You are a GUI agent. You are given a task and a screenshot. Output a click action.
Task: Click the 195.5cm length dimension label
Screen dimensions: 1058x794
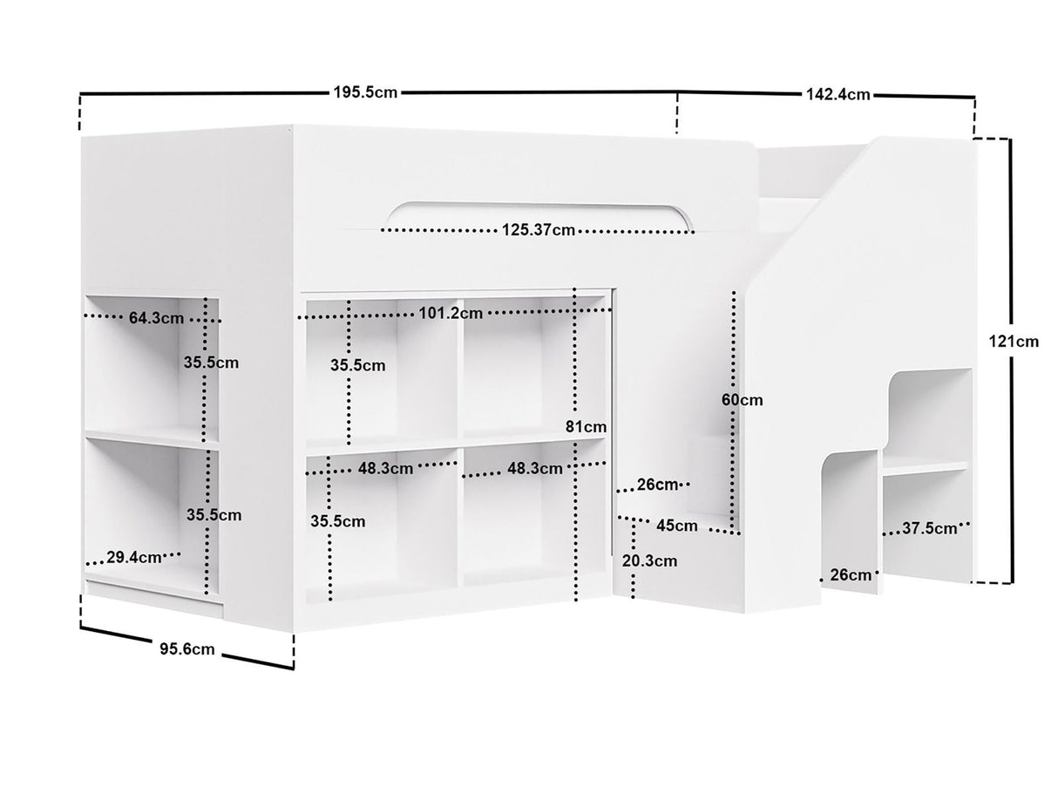pos(365,92)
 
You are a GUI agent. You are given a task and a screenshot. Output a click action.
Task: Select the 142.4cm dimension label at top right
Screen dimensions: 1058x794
pos(838,94)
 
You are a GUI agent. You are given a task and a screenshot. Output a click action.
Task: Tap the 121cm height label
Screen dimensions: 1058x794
pos(1014,342)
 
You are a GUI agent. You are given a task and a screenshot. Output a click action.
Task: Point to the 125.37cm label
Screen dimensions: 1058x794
pos(539,230)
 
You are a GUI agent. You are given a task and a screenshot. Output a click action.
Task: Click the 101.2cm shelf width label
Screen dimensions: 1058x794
pos(451,314)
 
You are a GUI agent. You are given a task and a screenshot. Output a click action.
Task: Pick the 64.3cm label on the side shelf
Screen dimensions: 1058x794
pos(156,318)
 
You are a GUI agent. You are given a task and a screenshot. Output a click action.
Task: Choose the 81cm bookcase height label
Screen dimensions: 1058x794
pos(587,427)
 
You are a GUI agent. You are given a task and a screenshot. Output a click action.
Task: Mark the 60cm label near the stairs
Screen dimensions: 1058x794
pos(743,400)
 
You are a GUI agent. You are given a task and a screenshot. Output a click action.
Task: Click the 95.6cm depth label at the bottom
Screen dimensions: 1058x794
pos(187,649)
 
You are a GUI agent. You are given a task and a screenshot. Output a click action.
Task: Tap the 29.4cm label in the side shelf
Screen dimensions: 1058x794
pos(134,557)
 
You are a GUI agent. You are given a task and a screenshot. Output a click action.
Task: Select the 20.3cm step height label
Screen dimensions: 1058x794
pos(649,560)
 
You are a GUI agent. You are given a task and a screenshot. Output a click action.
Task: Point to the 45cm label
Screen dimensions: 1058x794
pos(677,526)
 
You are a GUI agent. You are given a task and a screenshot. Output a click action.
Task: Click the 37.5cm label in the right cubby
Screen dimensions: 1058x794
pos(929,528)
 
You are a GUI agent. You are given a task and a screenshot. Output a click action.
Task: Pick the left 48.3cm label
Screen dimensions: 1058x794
pos(385,468)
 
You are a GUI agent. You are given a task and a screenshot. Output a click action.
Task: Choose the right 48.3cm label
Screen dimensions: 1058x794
pos(535,468)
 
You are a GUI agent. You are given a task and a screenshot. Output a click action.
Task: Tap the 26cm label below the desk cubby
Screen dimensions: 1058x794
pos(851,574)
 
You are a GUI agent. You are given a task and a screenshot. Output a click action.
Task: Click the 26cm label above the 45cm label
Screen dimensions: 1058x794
pos(657,485)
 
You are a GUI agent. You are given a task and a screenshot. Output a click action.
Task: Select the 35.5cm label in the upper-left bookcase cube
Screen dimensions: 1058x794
pos(357,365)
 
